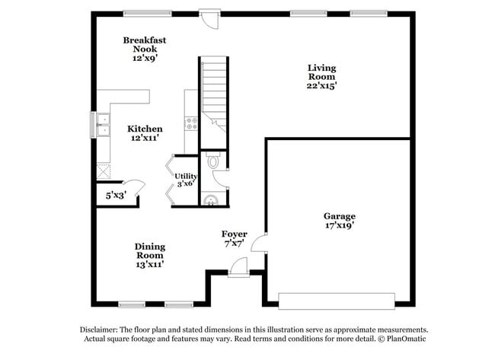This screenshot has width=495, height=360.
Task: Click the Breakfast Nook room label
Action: [x=145, y=48]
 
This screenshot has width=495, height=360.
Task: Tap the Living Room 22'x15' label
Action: [x=321, y=77]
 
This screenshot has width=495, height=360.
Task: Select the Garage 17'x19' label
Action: [x=339, y=221]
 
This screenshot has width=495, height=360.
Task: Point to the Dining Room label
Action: [x=150, y=255]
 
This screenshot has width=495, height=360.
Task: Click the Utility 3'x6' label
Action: [x=187, y=180]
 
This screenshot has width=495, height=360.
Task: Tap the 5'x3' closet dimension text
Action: [x=117, y=195]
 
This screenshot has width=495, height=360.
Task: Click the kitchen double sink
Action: [x=101, y=124]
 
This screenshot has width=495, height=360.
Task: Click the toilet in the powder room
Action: [x=212, y=161]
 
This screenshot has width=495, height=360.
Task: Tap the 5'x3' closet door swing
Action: [x=133, y=187]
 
